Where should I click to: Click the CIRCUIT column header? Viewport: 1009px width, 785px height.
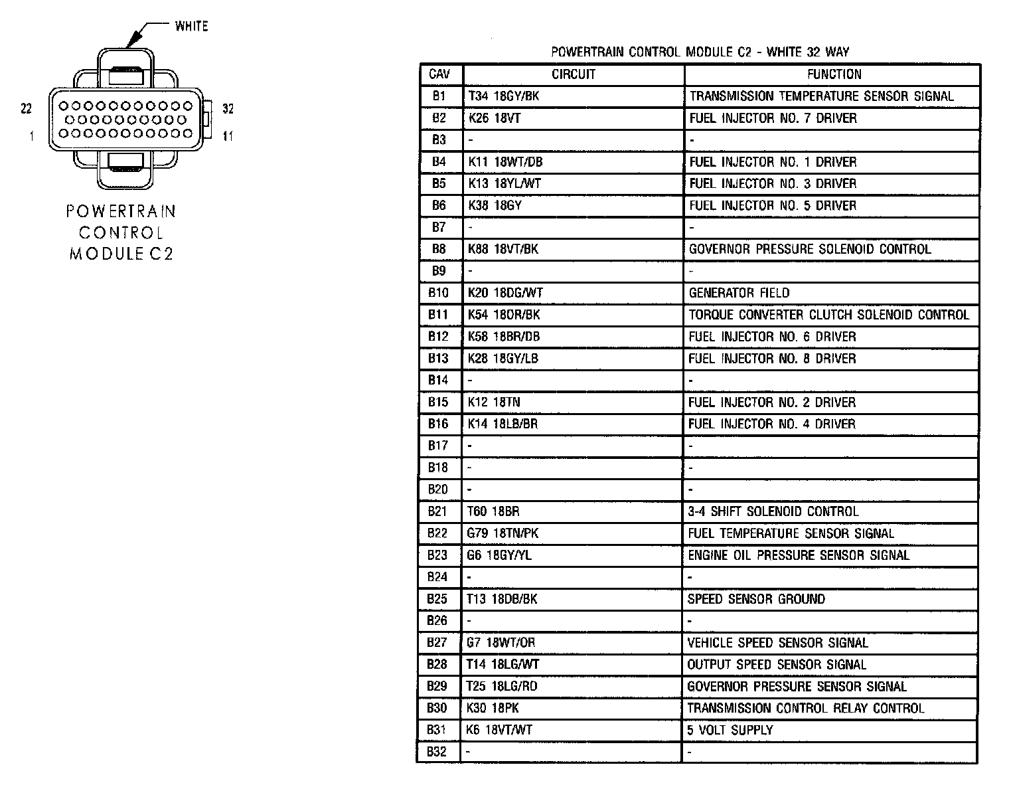(x=573, y=74)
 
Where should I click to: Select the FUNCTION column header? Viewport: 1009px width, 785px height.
(x=834, y=74)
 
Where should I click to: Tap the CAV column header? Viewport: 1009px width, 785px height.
(x=440, y=74)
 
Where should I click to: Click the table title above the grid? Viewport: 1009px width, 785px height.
(x=700, y=52)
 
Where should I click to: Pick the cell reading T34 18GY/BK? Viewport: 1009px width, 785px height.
(x=504, y=96)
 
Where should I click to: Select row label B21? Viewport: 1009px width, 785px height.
(x=438, y=511)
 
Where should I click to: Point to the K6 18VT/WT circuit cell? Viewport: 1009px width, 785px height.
(x=500, y=730)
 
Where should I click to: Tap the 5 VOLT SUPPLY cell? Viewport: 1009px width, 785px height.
(x=730, y=730)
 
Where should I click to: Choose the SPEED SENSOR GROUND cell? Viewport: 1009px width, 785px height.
(x=756, y=599)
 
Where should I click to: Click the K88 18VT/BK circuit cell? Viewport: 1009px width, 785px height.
(x=503, y=249)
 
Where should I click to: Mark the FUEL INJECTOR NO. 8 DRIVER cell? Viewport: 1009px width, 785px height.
(x=772, y=359)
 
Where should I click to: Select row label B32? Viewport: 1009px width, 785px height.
(x=437, y=752)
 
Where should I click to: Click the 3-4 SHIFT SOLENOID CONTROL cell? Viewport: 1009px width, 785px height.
(x=773, y=511)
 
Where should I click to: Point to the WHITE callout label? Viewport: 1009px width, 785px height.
(x=191, y=27)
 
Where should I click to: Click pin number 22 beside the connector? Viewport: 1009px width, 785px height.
(x=27, y=108)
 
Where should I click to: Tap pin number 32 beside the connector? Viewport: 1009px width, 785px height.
(x=228, y=108)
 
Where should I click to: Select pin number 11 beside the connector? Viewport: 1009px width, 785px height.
(x=228, y=136)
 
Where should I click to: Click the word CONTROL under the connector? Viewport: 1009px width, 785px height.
(x=121, y=233)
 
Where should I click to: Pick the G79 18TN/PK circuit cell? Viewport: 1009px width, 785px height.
(x=503, y=533)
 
